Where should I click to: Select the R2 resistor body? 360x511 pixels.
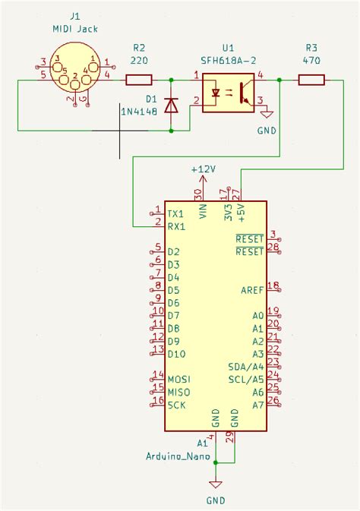pos(138,79)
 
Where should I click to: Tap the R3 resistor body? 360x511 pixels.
pos(312,79)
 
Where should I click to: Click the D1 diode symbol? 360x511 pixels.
pos(171,105)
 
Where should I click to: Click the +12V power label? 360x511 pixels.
pos(204,169)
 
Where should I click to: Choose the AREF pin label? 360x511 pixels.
pos(252,290)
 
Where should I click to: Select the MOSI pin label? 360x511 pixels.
pos(178,379)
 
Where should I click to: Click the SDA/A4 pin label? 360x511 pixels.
pos(246,366)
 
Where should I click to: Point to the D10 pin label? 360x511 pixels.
pos(176,354)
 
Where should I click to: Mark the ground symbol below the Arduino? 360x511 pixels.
pos(216,484)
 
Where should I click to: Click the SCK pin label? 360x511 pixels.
pos(177,405)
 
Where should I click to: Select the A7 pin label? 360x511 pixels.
pos(258,405)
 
